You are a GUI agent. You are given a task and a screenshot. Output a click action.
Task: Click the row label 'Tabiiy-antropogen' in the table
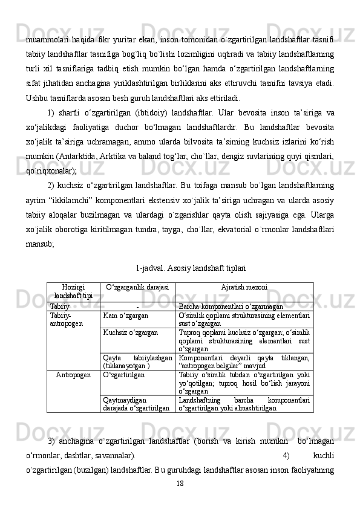tap(62, 319)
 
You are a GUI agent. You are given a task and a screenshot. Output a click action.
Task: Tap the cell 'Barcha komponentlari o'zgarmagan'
tap(231, 306)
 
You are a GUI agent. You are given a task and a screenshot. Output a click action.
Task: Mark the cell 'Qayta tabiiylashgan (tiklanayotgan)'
tap(137, 361)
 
